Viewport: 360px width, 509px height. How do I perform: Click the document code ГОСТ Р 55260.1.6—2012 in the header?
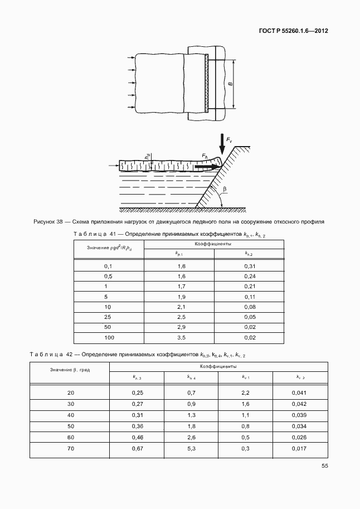click(293, 31)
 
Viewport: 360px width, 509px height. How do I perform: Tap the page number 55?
click(324, 467)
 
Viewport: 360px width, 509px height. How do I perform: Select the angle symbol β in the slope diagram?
click(224, 190)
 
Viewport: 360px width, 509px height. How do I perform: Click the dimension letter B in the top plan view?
click(230, 85)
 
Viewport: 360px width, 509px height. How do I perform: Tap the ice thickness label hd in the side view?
click(147, 158)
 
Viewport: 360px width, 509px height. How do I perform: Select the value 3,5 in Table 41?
click(180, 338)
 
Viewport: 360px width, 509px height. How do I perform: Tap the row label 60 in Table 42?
click(71, 437)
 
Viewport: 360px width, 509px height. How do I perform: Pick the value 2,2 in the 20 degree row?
click(245, 393)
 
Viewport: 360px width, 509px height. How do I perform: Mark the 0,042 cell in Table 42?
click(299, 404)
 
